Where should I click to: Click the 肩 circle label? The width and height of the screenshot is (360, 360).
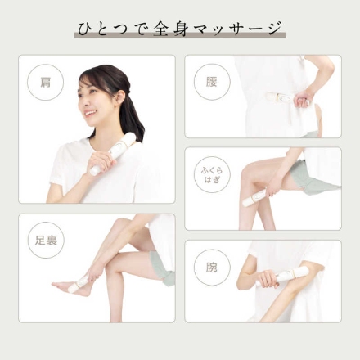coord(46,83)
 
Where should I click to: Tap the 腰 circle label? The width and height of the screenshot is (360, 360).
coord(212,82)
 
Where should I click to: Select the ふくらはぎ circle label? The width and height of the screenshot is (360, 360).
coord(212,174)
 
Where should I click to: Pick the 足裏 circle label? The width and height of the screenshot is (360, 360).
coord(46,241)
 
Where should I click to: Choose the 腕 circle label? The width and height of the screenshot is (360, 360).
coord(212,268)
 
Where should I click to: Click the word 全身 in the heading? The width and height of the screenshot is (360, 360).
coord(170,29)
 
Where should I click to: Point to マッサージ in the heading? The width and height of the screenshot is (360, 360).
coord(236,29)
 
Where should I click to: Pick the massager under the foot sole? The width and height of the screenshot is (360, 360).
coord(82,283)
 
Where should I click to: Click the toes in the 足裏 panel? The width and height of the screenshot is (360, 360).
coord(55,285)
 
